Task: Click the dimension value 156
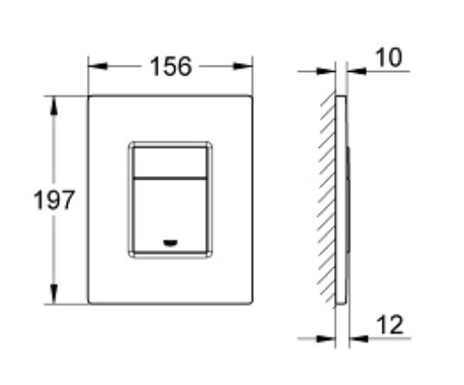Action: coord(170,67)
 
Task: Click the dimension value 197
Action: coord(54,200)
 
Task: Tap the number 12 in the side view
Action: coord(392,327)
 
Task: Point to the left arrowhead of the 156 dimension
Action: coord(95,67)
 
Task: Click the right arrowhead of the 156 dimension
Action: coord(248,67)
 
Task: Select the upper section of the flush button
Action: coord(171,158)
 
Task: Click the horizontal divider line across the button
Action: coord(171,178)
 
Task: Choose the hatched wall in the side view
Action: coord(328,199)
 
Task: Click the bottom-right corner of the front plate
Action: coord(252,303)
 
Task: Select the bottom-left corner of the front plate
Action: coord(89,303)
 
